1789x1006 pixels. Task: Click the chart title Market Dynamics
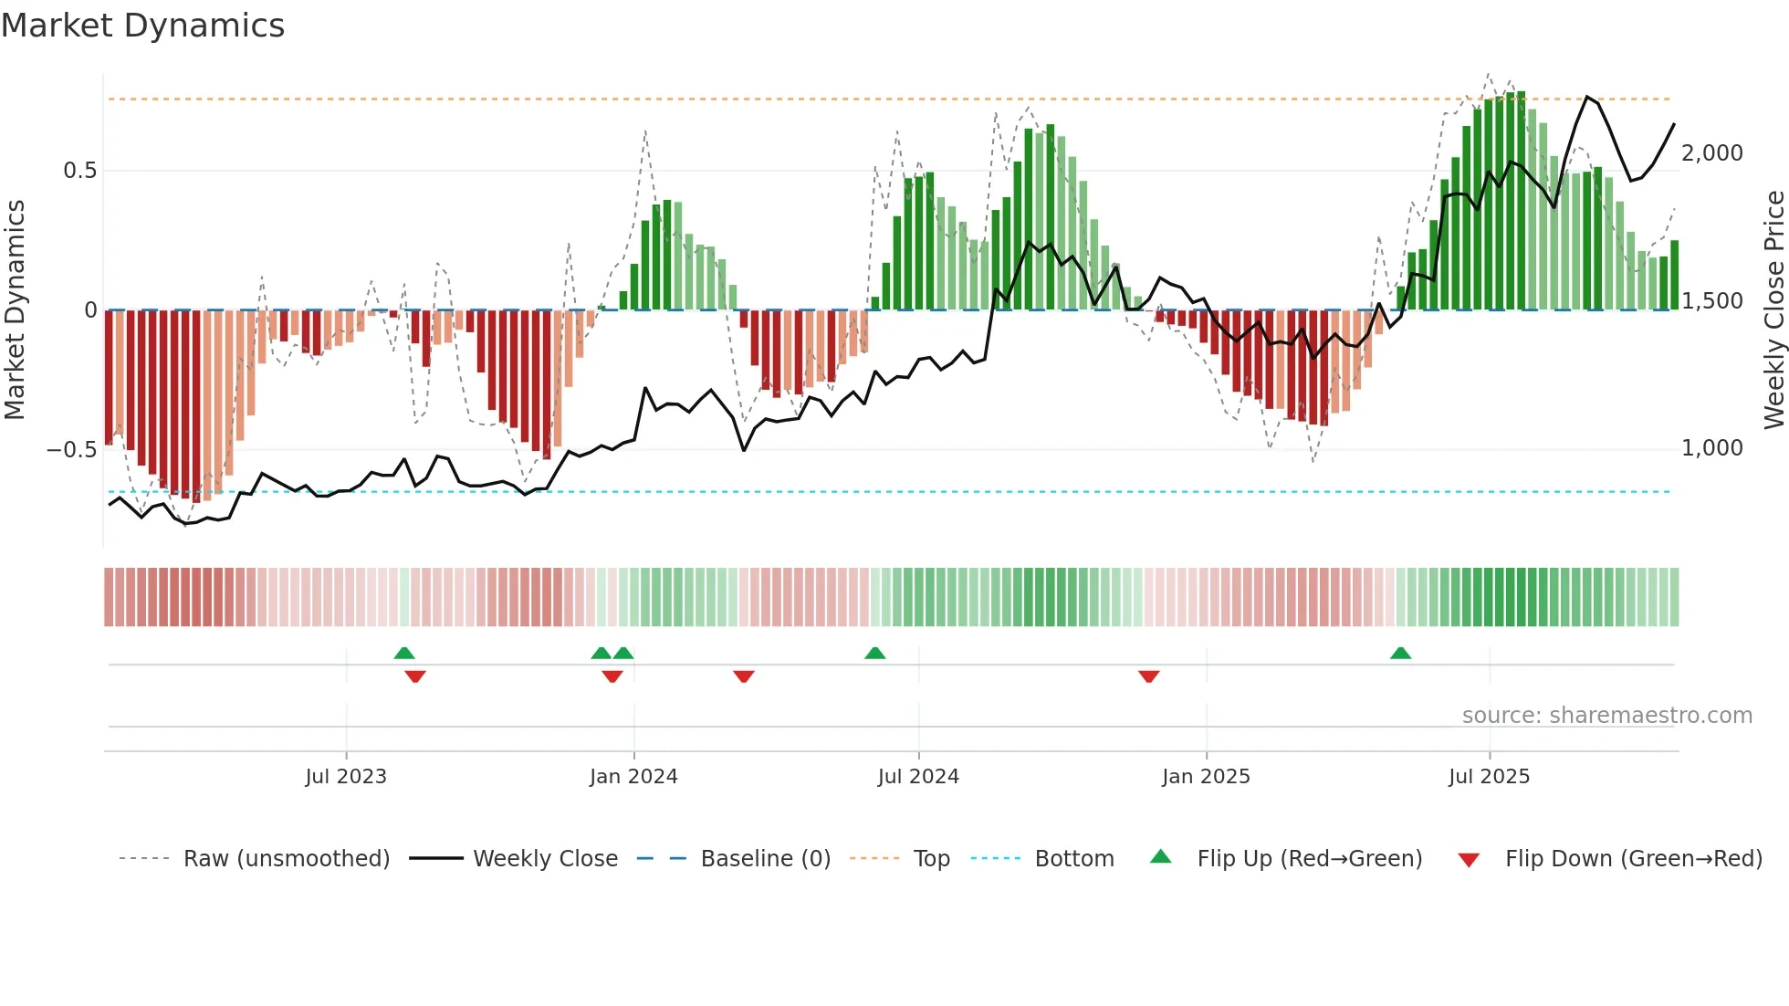[142, 26]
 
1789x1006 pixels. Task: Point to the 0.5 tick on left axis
[79, 171]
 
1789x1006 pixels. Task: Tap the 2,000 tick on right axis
[1711, 153]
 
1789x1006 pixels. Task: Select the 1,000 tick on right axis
[1711, 448]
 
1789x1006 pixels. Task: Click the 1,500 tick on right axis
[1711, 301]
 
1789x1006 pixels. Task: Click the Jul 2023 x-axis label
[346, 777]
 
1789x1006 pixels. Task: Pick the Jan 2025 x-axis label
[1206, 777]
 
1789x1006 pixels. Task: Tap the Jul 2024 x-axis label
[918, 777]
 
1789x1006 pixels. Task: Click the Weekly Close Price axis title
[1773, 309]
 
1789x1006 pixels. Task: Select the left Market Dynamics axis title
[15, 309]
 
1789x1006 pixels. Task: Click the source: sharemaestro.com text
[1606, 716]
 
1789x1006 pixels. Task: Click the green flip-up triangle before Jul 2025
[1400, 653]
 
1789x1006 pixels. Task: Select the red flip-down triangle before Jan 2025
[1148, 676]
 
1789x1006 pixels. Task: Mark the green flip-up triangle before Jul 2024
[874, 653]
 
